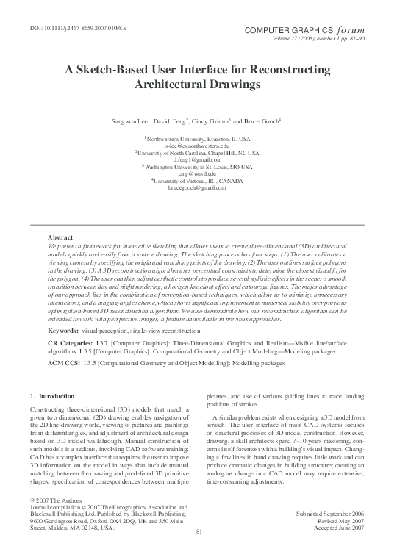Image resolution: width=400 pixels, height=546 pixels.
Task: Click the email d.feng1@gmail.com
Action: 199,159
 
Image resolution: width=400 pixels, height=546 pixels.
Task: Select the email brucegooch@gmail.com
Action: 199,188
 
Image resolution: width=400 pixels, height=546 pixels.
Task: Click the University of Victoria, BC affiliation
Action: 199,181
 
